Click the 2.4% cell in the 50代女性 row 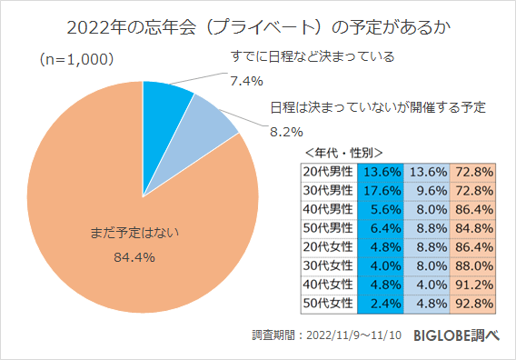coord(382,304)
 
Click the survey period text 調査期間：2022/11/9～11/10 coord(326,335)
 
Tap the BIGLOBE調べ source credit coord(457,335)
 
